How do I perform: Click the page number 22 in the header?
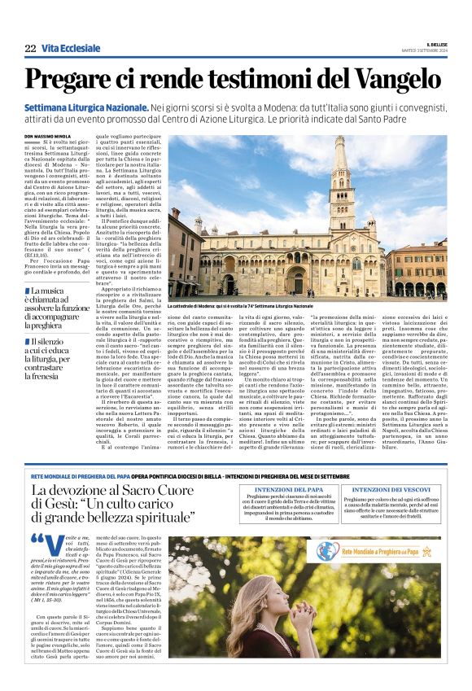click(x=30, y=49)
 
